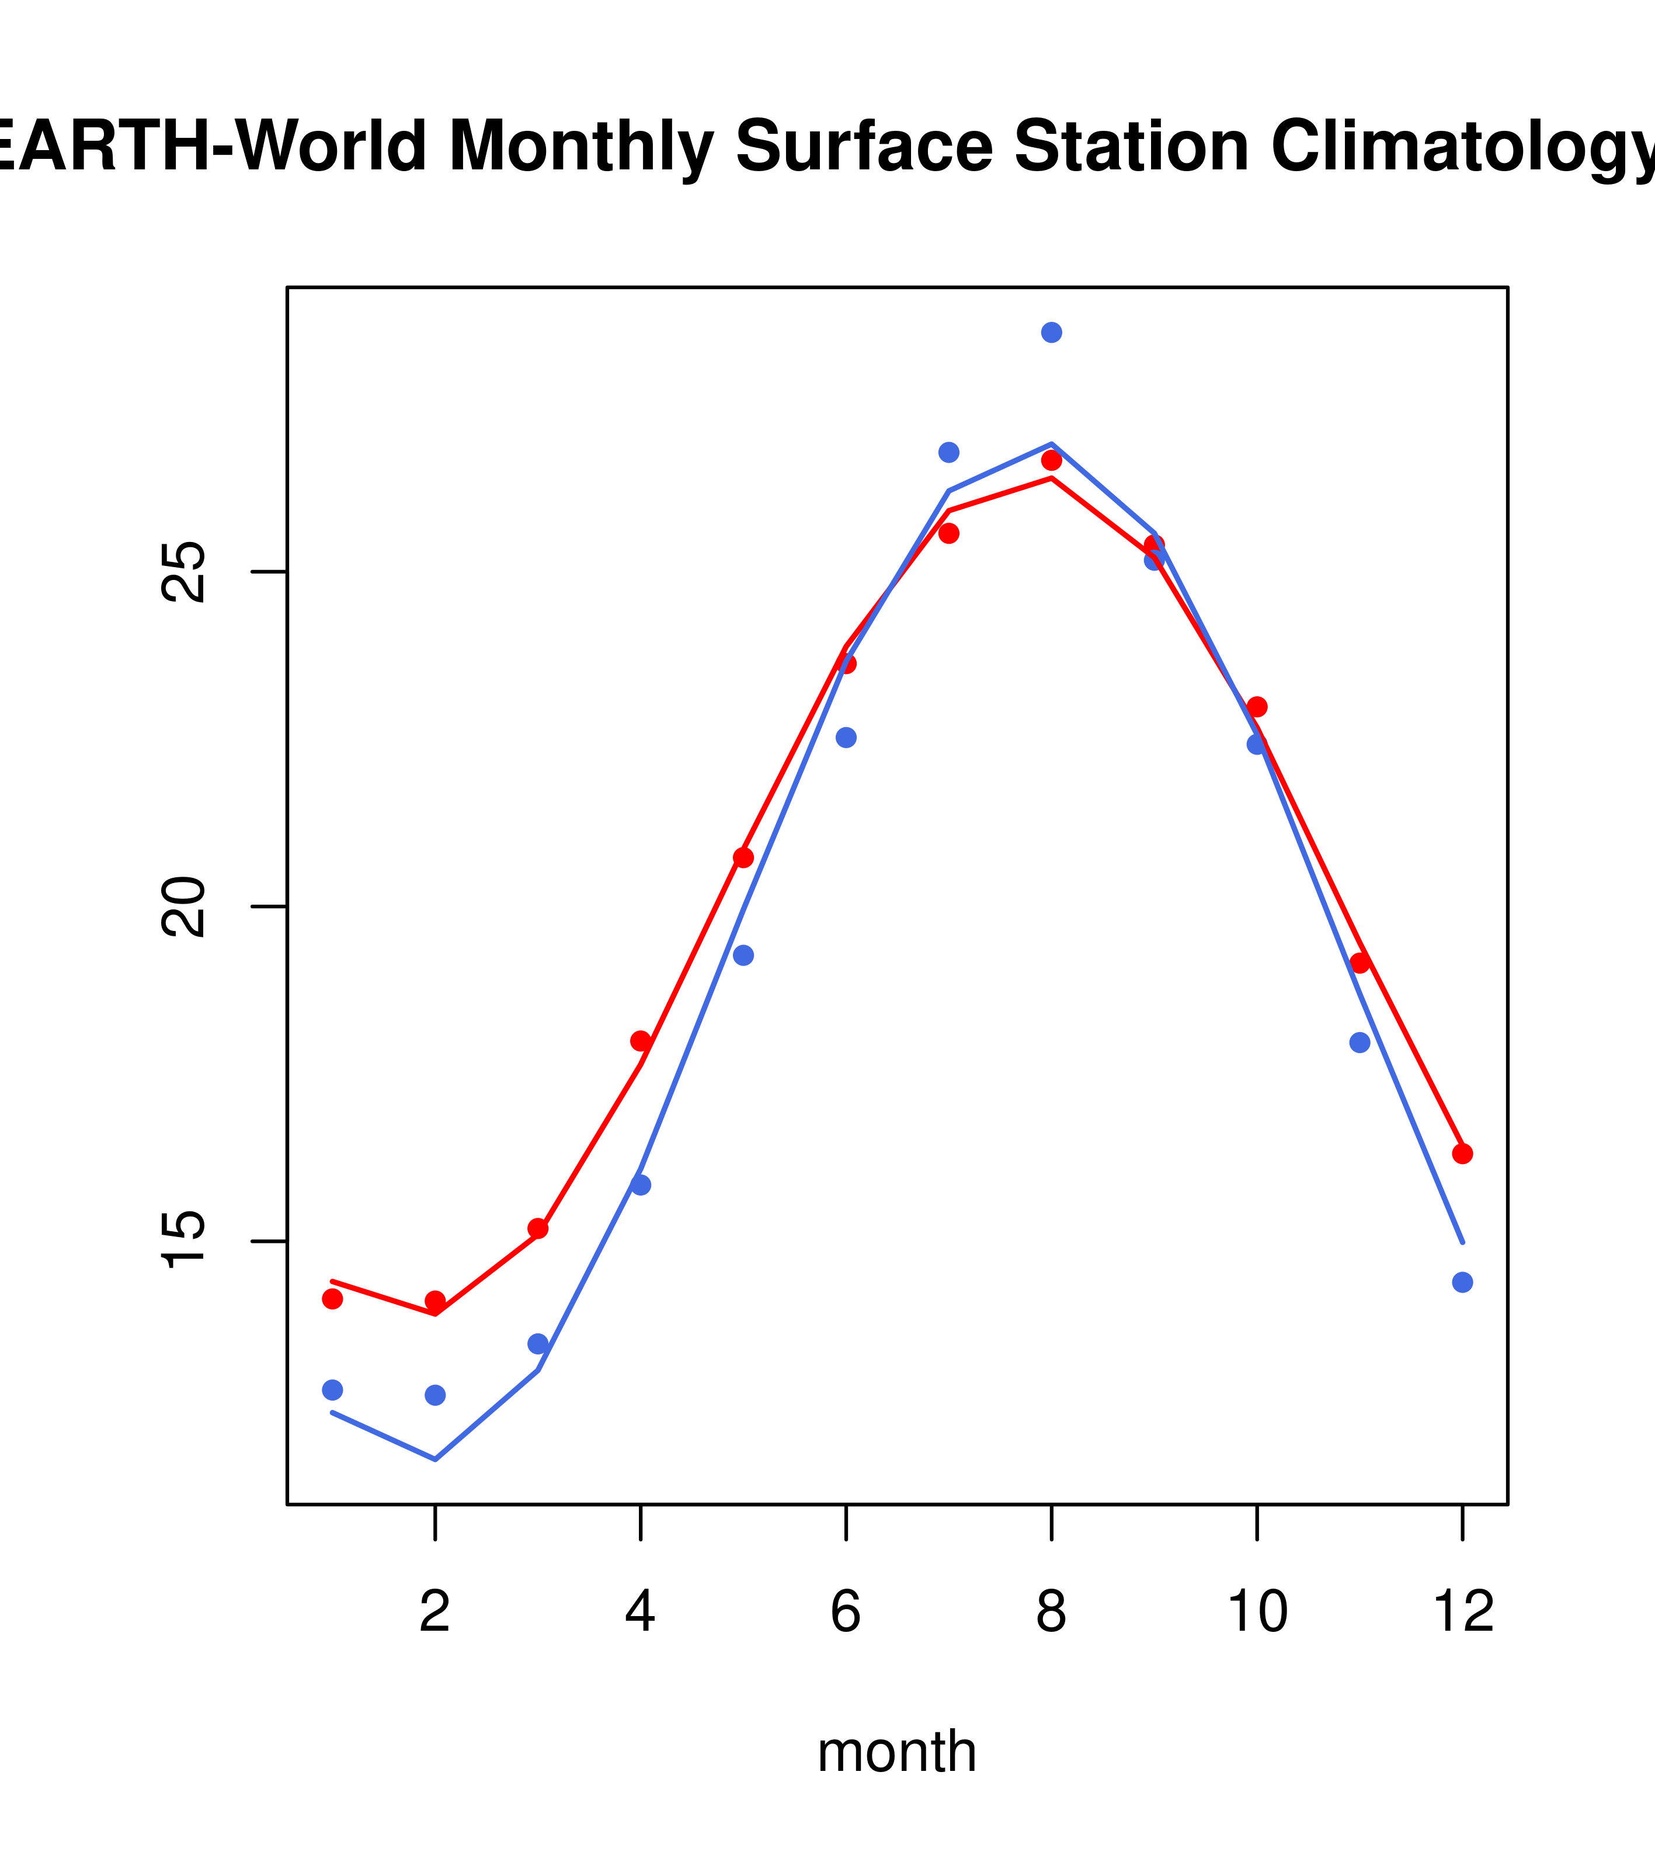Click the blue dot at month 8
tap(1051, 332)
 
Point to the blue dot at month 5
tap(743, 956)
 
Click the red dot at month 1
tap(332, 1299)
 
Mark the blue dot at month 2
tap(436, 1395)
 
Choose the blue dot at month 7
tap(948, 452)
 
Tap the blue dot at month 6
tap(846, 738)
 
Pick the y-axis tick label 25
tap(182, 571)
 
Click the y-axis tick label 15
tap(182, 1241)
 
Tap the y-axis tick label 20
tap(182, 906)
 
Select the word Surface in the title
tap(864, 146)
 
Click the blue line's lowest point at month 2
tap(436, 1460)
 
